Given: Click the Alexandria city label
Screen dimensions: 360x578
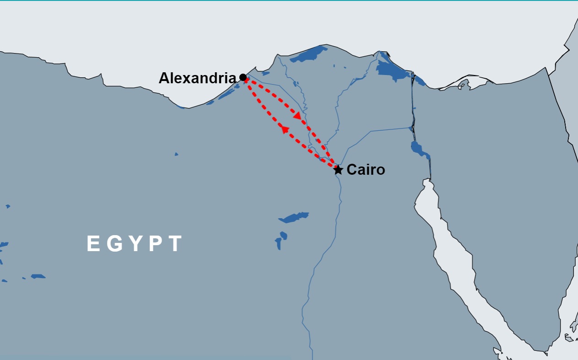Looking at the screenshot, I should tap(197, 78).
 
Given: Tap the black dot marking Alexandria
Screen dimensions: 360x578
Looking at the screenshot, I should tap(243, 77).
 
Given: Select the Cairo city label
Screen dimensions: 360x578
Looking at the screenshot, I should tap(366, 170).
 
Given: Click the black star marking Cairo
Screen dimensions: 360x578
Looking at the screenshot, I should tap(338, 170).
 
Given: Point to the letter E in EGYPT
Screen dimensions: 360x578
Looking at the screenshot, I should tap(93, 244).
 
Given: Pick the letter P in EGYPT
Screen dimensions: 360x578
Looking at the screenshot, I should tap(156, 244).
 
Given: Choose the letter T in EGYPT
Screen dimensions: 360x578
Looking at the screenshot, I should tap(175, 244).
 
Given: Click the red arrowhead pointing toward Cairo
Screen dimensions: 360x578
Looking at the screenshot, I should tap(297, 116).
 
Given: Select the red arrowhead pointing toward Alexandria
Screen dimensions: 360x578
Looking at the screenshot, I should tap(285, 130).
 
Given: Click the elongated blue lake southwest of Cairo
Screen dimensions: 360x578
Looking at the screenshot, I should tap(294, 217).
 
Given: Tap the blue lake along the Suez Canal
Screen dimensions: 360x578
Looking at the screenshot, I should tap(419, 149).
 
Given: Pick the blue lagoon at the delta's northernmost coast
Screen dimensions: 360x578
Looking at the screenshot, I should tap(309, 54).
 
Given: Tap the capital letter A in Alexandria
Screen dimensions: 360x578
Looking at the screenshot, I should tap(164, 78).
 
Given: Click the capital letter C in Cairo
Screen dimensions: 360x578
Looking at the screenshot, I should tap(351, 170).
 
